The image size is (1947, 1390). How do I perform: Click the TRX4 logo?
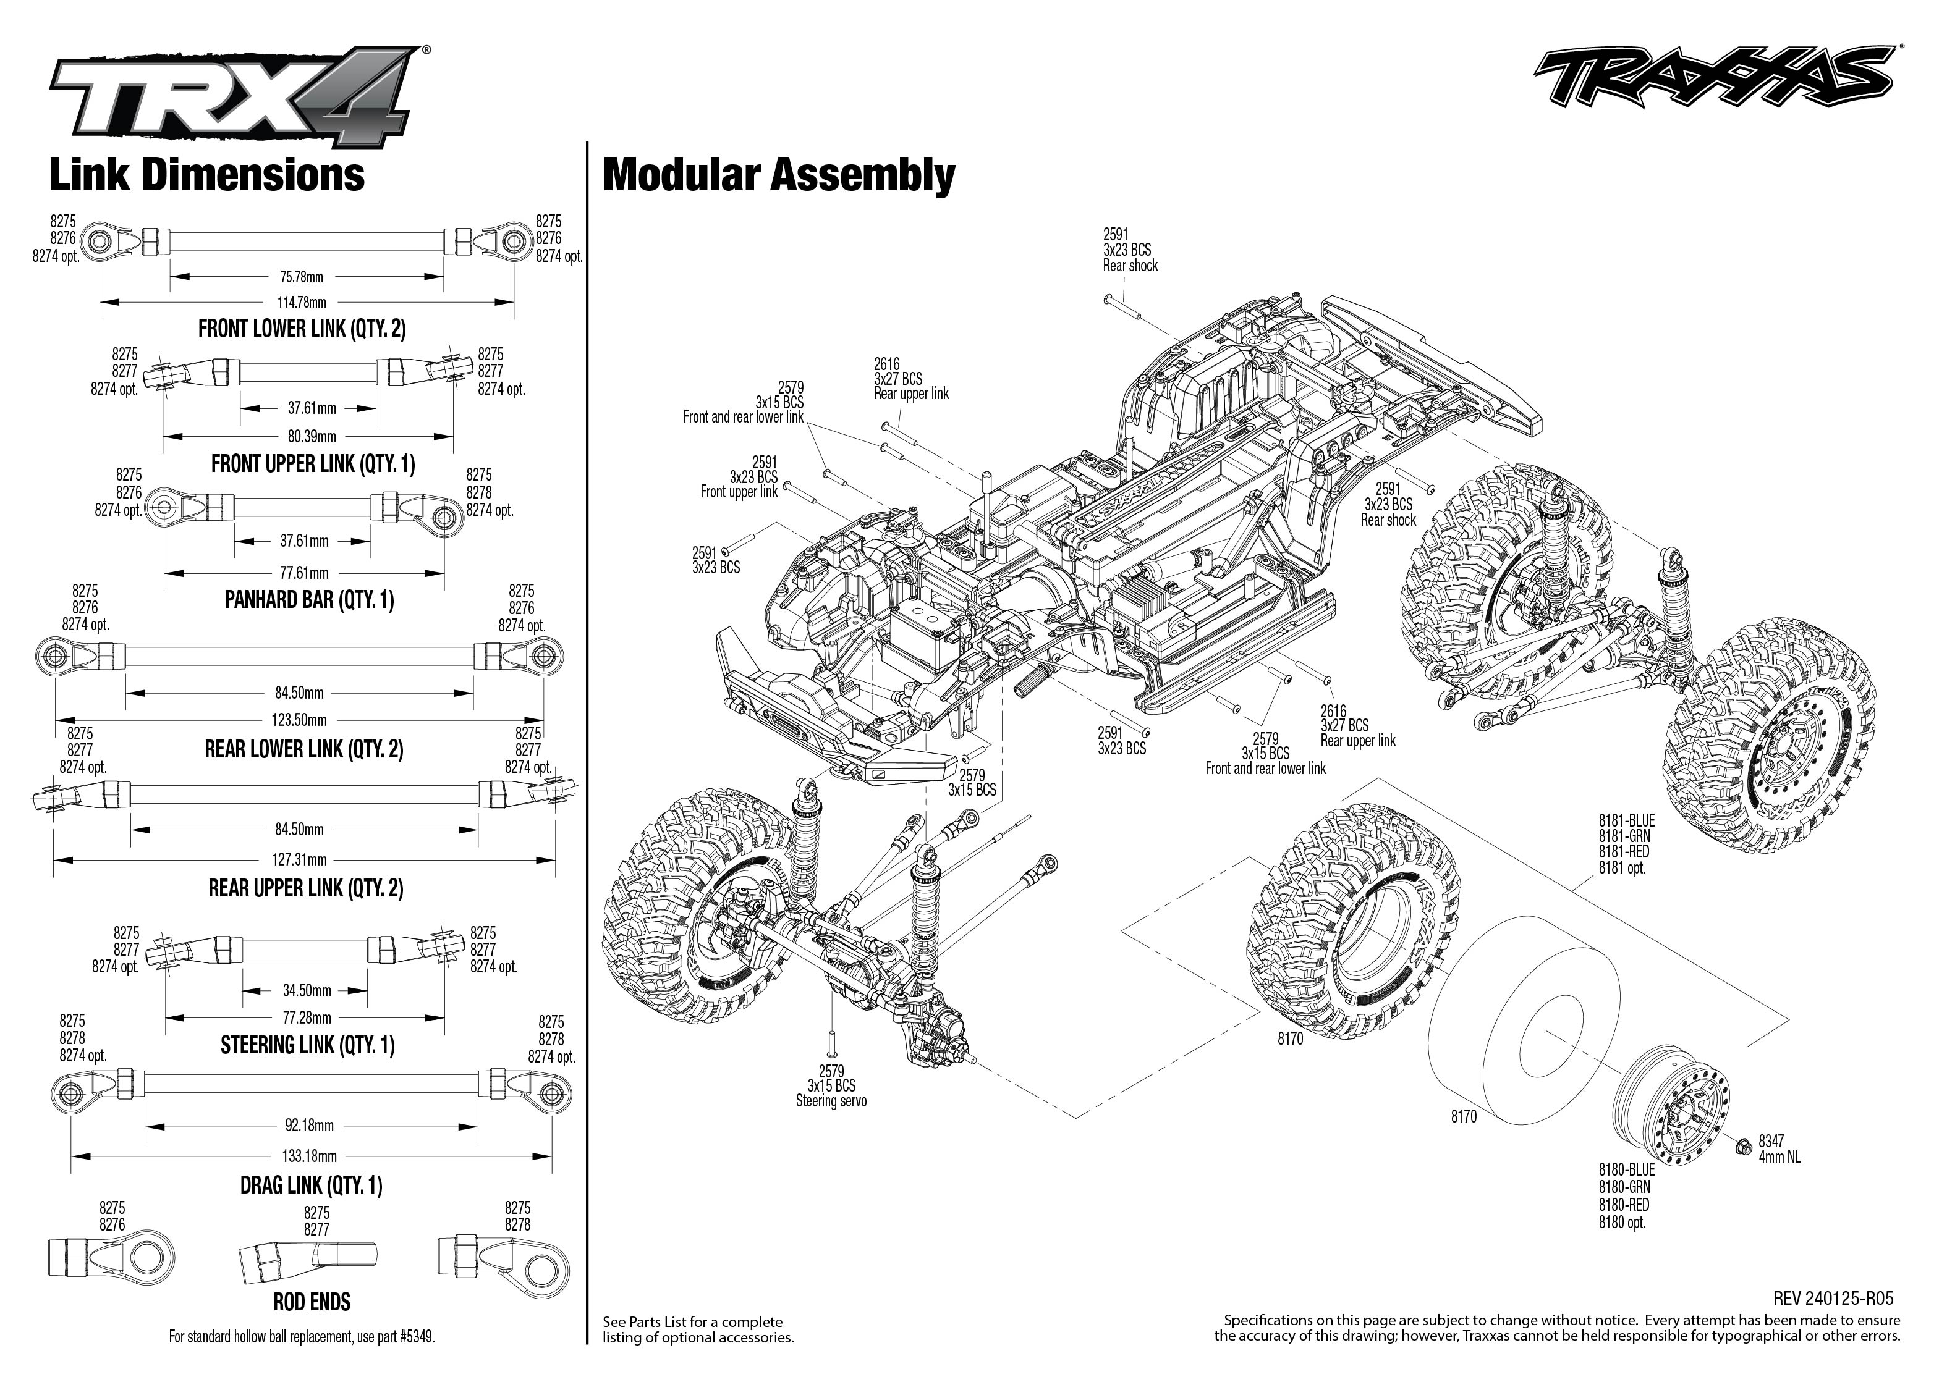pyautogui.click(x=231, y=98)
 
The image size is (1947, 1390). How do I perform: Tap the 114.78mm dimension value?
pyautogui.click(x=302, y=302)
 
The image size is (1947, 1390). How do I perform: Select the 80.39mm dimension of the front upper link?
pyautogui.click(x=312, y=437)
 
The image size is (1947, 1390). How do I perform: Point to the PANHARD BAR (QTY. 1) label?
pyautogui.click(x=309, y=600)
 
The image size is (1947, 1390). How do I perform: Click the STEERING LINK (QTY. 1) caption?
pyautogui.click(x=307, y=1045)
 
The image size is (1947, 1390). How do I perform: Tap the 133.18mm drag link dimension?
pyautogui.click(x=309, y=1156)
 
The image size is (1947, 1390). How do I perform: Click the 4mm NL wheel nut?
pyautogui.click(x=1742, y=1147)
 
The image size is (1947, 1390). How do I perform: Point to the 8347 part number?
pyautogui.click(x=1771, y=1141)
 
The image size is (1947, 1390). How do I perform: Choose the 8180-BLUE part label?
pyautogui.click(x=1627, y=1170)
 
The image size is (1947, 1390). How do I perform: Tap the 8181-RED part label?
pyautogui.click(x=1623, y=852)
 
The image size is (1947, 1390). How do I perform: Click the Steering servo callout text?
pyautogui.click(x=831, y=1101)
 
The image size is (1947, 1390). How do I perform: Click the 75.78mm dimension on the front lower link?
pyautogui.click(x=302, y=277)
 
